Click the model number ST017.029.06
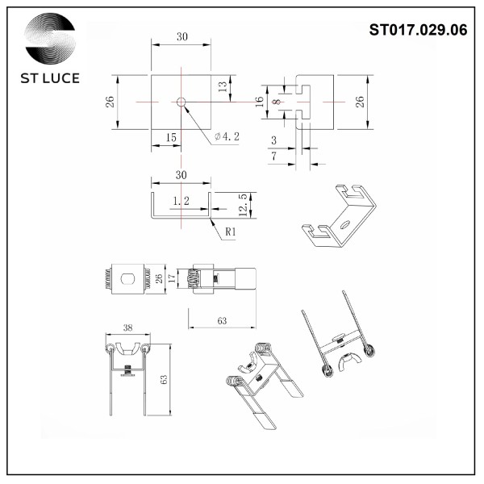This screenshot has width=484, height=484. [x=417, y=30]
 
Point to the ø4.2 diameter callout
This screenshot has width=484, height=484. [x=227, y=137]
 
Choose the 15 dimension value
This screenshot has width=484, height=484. [x=171, y=138]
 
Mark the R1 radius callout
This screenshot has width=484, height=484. [x=230, y=232]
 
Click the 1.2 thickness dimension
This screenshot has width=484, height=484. [x=181, y=201]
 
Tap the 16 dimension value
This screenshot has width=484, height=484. [x=259, y=102]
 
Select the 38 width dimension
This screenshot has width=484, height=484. [x=127, y=329]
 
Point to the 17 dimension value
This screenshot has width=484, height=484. [x=171, y=278]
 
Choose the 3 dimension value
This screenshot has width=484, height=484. [x=273, y=140]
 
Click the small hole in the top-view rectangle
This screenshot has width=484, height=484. [x=181, y=102]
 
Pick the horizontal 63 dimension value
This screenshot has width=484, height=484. [x=222, y=321]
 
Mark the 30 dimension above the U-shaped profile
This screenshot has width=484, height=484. [x=181, y=175]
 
